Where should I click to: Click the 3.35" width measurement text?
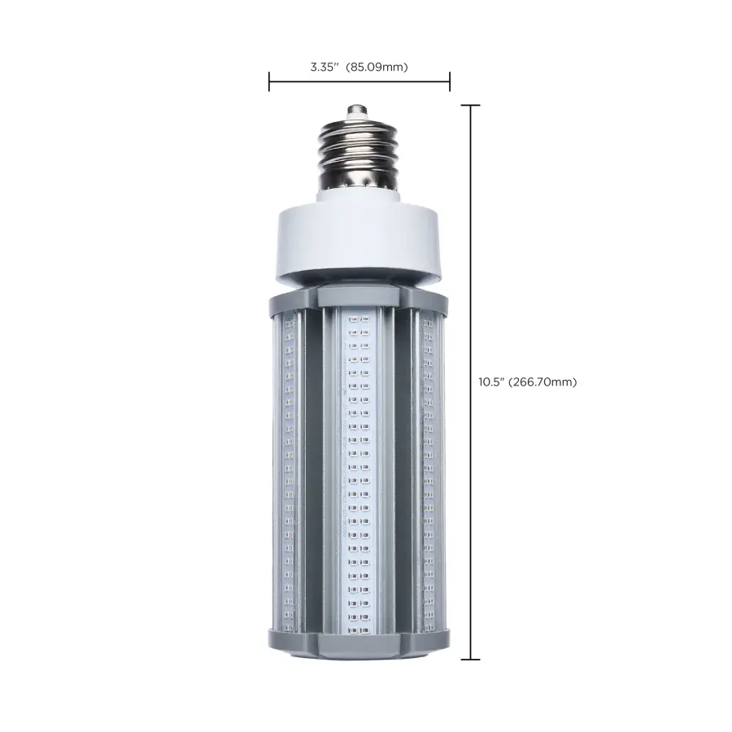[x=325, y=67]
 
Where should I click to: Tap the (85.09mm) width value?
[x=377, y=67]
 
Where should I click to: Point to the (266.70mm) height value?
[x=542, y=382]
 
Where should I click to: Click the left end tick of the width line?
[x=269, y=81]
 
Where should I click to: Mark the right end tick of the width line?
[x=450, y=81]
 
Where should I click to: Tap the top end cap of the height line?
[x=471, y=105]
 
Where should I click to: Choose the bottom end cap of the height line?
[x=471, y=660]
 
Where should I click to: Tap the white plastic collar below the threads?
[x=359, y=240]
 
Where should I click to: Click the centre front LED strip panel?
[x=359, y=472]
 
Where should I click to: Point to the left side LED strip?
[x=285, y=472]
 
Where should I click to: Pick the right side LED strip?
[x=429, y=472]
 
